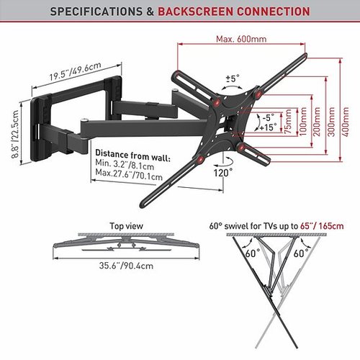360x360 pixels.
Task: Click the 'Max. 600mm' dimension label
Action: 241,39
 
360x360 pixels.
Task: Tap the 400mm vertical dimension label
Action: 346,122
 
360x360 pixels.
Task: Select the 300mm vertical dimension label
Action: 332,122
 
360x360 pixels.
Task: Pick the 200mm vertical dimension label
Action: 318,122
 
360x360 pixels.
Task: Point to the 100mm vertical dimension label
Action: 303,122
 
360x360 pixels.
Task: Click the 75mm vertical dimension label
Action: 287,122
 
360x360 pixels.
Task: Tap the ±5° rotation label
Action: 233,78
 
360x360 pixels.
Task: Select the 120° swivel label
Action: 223,173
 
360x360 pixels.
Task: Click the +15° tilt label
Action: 268,127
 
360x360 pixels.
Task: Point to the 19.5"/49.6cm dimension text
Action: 76,71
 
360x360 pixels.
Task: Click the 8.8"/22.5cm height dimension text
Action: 15,134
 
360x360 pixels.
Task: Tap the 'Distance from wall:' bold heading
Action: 132,156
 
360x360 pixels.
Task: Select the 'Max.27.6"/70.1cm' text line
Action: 129,175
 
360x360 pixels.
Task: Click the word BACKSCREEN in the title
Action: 195,12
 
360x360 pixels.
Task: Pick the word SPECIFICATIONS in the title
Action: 96,12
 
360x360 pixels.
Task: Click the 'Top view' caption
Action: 126,226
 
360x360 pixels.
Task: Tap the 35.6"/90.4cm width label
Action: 126,266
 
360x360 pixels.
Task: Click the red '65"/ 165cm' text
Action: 322,226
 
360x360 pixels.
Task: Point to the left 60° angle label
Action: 253,253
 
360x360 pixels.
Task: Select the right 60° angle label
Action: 301,253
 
